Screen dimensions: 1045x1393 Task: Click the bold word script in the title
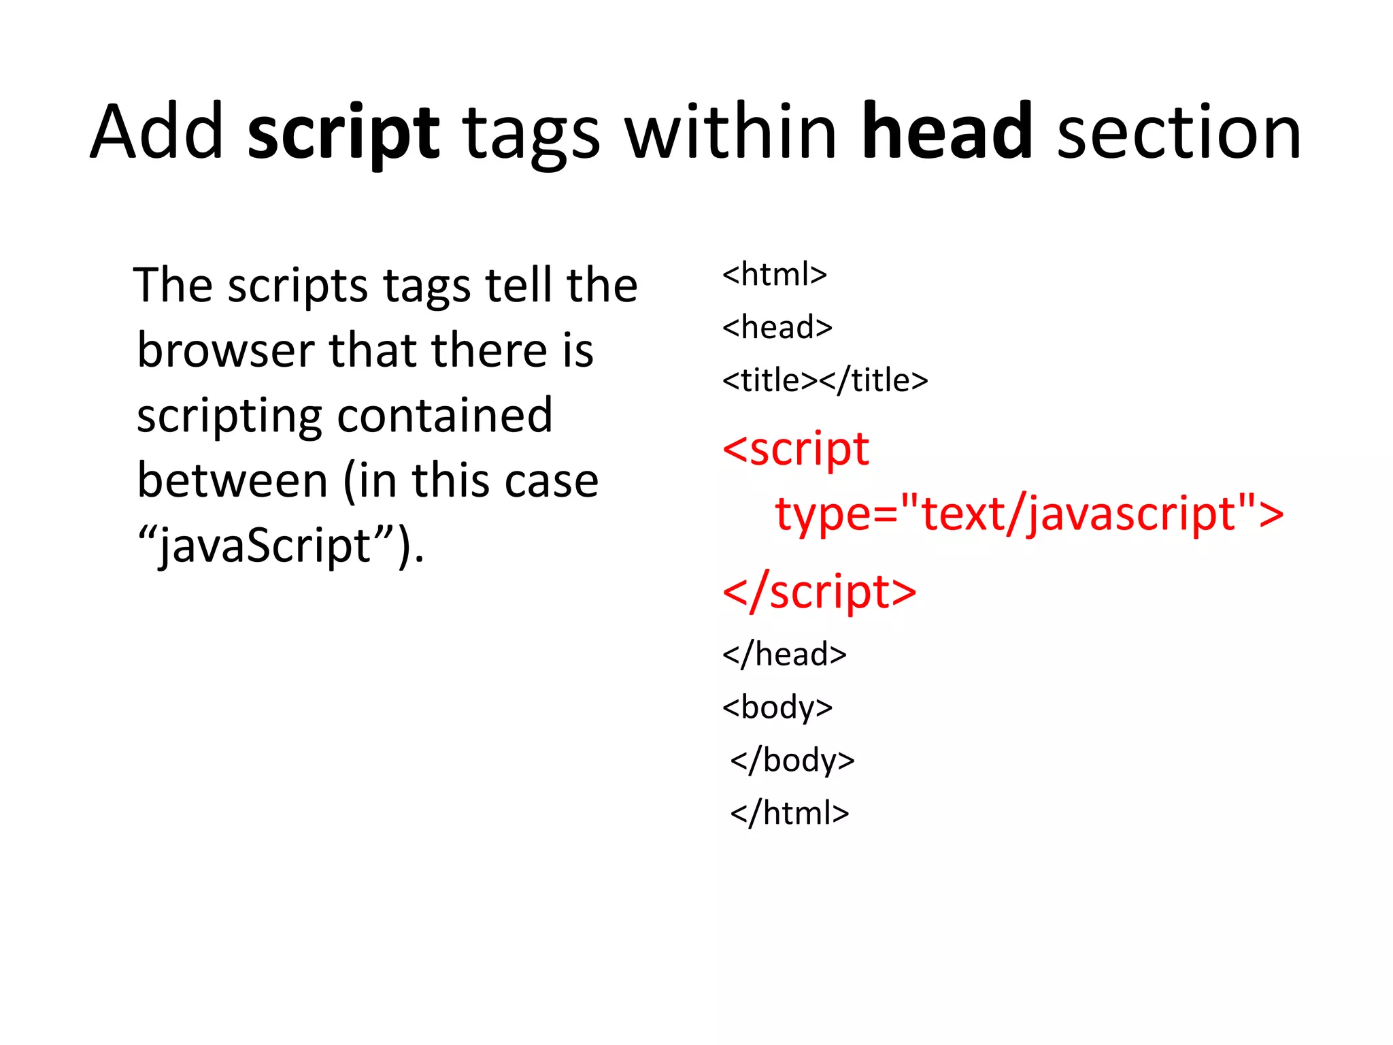coord(343,133)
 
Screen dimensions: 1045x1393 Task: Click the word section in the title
coord(1179,133)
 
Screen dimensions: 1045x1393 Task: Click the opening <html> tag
coord(774,274)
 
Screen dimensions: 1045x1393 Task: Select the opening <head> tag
coord(777,327)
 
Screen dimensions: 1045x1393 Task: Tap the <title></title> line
coord(824,380)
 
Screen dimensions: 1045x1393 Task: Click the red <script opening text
coord(795,450)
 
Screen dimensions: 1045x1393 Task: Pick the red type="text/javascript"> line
coord(1028,514)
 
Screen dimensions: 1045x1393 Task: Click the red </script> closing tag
coord(819,592)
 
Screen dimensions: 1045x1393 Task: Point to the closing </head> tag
coord(784,654)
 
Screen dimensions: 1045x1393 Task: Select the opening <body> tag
coord(777,708)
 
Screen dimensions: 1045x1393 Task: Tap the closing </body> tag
coord(792,760)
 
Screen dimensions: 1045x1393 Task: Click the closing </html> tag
coord(789,813)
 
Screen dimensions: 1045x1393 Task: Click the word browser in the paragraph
coord(224,351)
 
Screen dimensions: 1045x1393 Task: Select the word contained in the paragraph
coord(445,416)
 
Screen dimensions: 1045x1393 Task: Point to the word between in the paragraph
coord(233,481)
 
